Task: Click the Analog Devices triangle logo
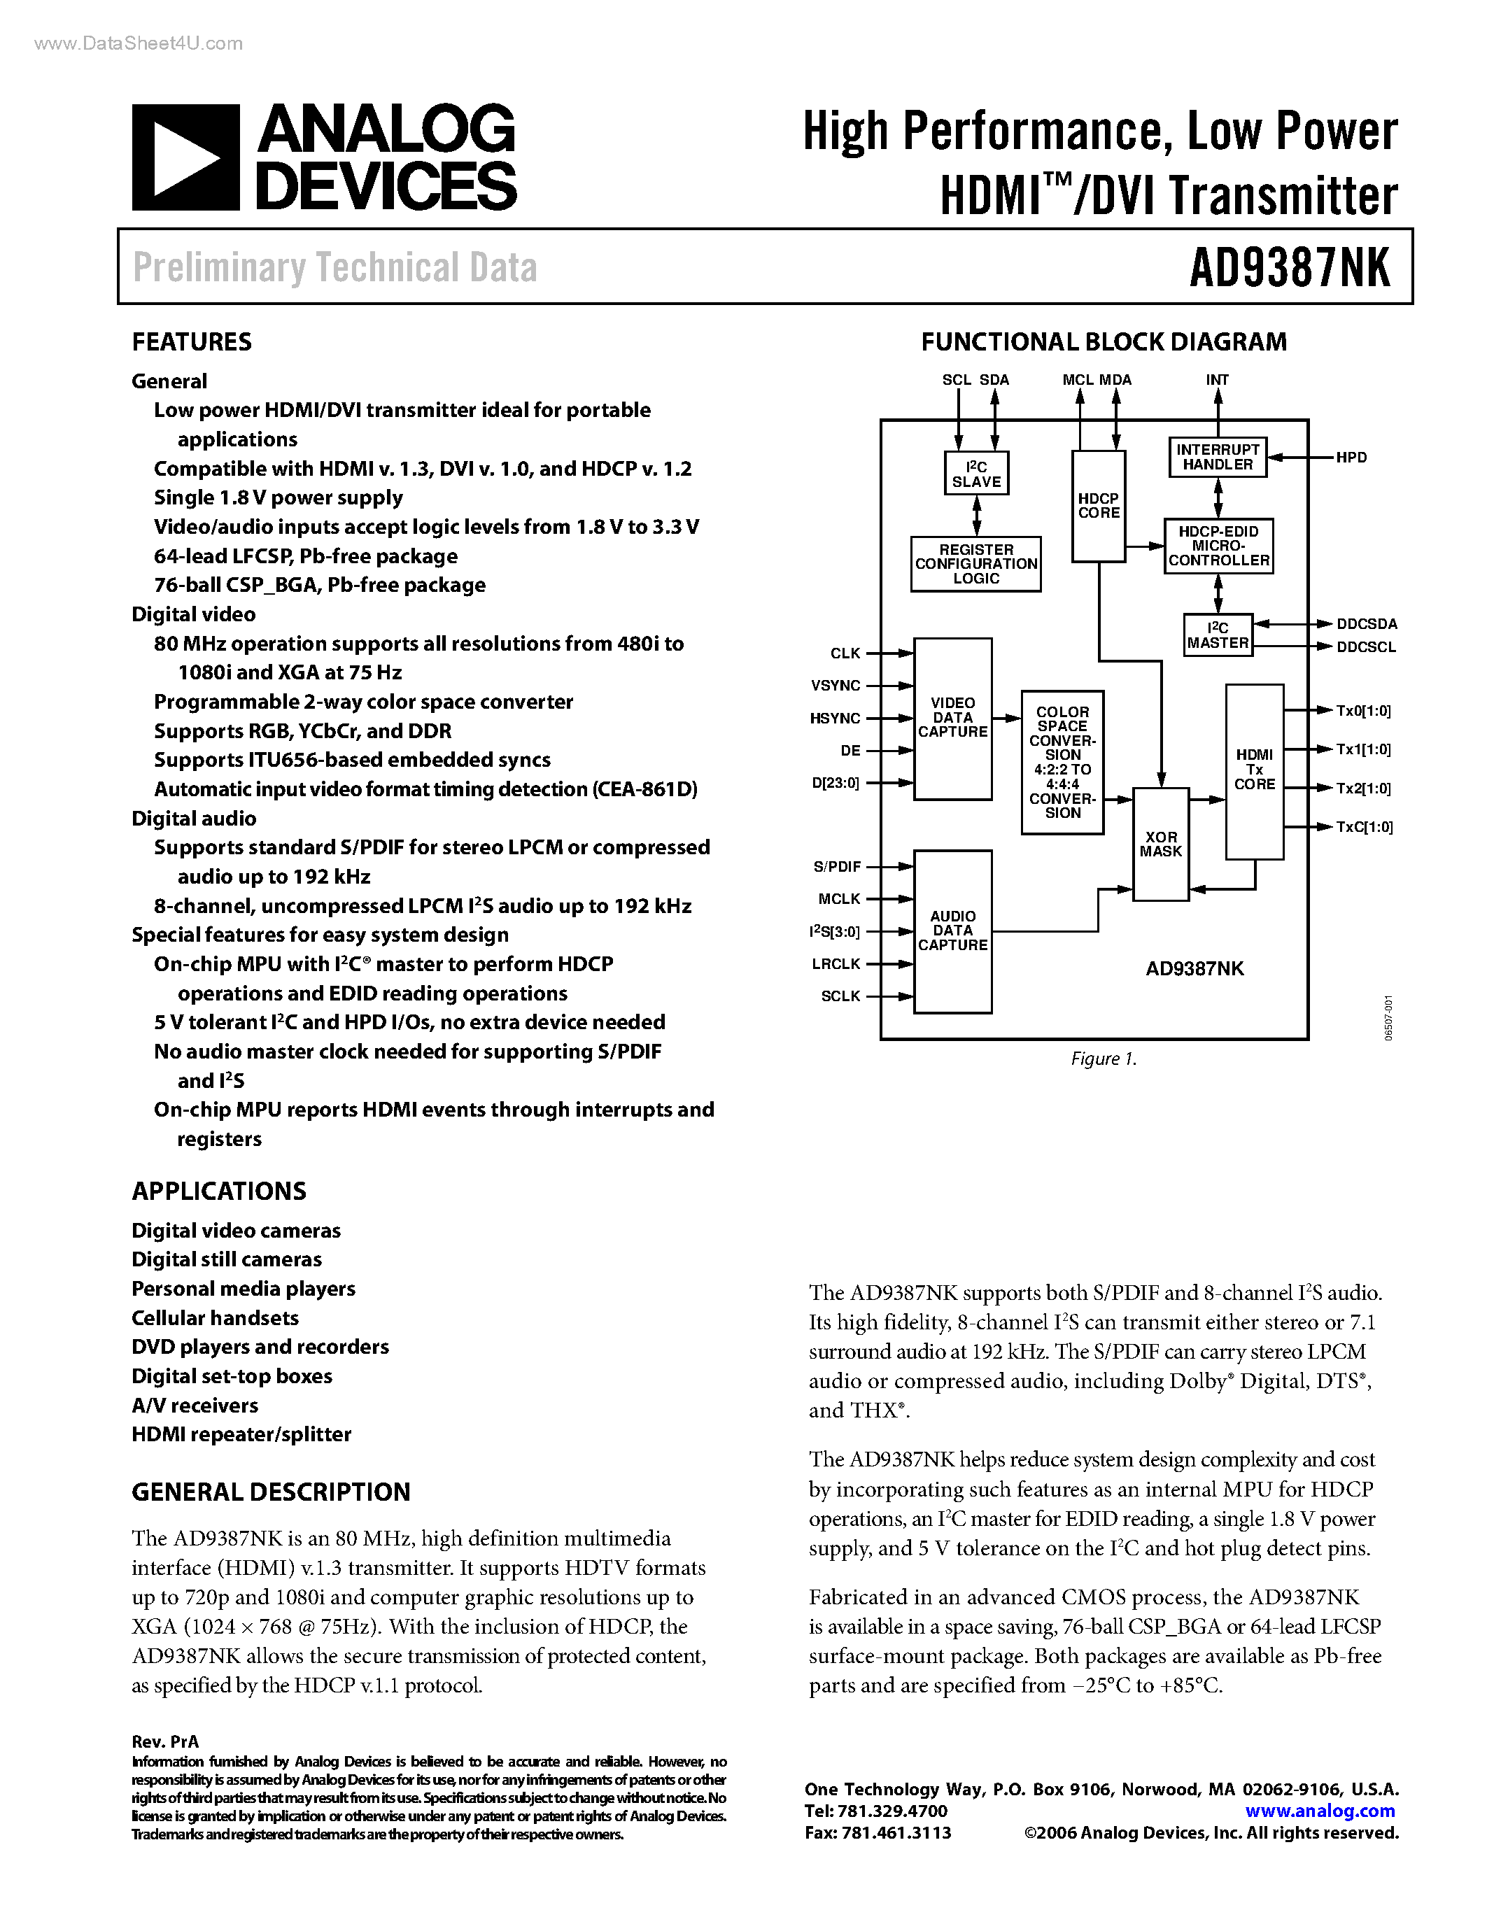point(185,157)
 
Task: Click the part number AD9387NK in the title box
point(1289,267)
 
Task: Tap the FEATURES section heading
point(191,342)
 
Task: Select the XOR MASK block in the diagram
point(1160,844)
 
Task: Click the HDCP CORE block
point(1099,506)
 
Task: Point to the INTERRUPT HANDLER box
point(1218,458)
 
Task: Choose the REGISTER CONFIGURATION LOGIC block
point(976,564)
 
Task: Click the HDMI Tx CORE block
point(1255,770)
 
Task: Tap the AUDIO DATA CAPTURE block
point(952,931)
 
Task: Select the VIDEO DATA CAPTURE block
point(952,718)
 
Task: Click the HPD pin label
point(1351,458)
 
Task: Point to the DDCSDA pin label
point(1367,623)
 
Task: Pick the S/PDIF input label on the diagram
point(837,867)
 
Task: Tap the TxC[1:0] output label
point(1364,827)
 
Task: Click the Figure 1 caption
point(1104,1059)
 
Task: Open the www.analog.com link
point(1320,1811)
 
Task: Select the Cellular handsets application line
point(215,1318)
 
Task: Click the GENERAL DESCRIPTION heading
point(270,1492)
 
